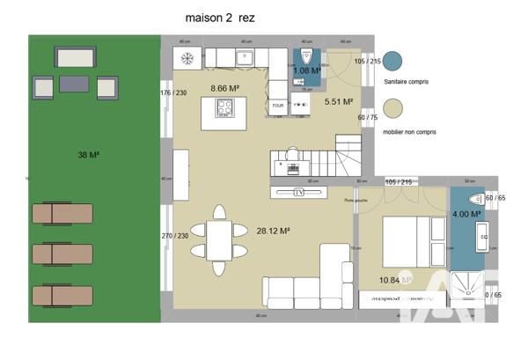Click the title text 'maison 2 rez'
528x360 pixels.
pyautogui.click(x=220, y=17)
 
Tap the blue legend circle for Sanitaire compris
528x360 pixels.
pyautogui.click(x=393, y=60)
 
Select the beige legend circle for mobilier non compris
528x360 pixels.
pyautogui.click(x=393, y=107)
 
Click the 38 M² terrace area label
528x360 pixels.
pyautogui.click(x=88, y=155)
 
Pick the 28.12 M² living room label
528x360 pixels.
pyautogui.click(x=273, y=231)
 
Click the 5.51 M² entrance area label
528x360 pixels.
pyautogui.click(x=338, y=102)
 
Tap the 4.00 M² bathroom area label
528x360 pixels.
pyautogui.click(x=466, y=214)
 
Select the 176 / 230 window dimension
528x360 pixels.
pyautogui.click(x=174, y=92)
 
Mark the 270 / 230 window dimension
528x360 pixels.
pyautogui.click(x=174, y=236)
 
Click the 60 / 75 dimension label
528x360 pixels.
pyautogui.click(x=367, y=117)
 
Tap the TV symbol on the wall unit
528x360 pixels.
pyautogui.click(x=298, y=191)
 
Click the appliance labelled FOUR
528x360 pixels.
pyautogui.click(x=278, y=105)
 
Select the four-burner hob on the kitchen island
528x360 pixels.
pyautogui.click(x=224, y=107)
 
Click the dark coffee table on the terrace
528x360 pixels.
pyautogui.click(x=73, y=84)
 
